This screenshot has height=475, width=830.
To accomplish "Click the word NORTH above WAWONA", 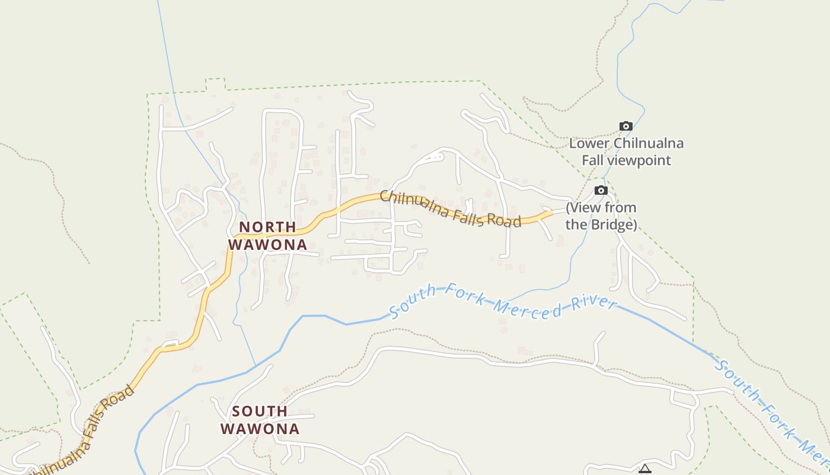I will coord(267,227).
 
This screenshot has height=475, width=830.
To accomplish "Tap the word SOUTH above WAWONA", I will coord(260,411).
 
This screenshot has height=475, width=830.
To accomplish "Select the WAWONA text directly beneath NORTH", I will coord(268,244).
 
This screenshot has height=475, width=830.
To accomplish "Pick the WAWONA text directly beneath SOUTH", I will coord(260,428).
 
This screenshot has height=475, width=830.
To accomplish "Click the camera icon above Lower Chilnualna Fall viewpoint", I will coord(625,126).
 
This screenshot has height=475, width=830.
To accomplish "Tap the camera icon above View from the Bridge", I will coord(601,190).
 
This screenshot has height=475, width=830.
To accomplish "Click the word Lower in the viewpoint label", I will coord(590,143).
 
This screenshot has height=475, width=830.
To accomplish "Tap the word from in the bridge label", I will coord(620,208).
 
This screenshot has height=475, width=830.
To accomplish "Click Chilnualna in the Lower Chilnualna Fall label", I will coord(649,143).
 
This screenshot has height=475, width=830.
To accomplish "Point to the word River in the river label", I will coord(593,303).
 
